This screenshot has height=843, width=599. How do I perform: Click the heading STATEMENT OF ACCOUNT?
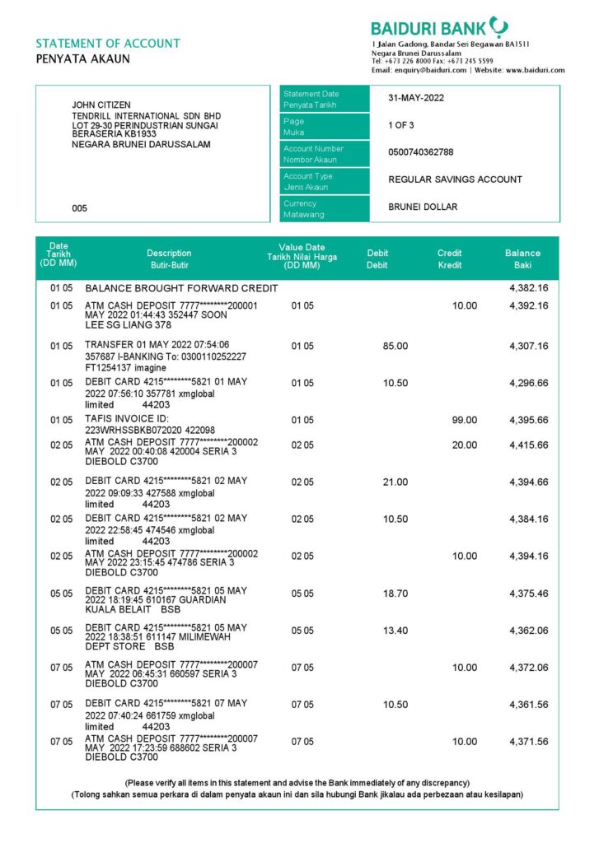[x=108, y=44]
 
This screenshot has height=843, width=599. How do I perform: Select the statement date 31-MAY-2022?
[x=416, y=98]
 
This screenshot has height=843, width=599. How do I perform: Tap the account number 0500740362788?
[x=420, y=152]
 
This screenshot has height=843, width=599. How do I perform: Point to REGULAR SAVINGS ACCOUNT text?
[x=455, y=179]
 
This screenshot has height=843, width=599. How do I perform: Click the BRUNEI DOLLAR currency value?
[x=423, y=207]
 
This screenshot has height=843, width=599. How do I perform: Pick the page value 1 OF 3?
[x=403, y=125]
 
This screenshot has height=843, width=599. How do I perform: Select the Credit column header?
[x=449, y=258]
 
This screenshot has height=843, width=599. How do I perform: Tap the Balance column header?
[x=522, y=258]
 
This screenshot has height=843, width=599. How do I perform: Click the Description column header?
[x=169, y=258]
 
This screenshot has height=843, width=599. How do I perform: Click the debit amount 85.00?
[x=395, y=346]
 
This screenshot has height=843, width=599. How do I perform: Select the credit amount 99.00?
[x=465, y=420]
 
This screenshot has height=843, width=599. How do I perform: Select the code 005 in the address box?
[x=79, y=209]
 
